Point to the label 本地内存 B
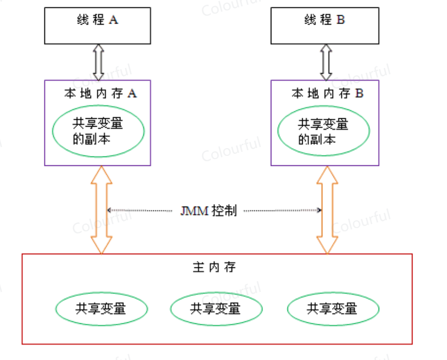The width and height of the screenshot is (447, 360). [x=327, y=94]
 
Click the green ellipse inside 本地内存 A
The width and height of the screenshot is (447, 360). [x=98, y=131]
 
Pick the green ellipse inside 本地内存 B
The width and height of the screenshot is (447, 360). [x=323, y=132]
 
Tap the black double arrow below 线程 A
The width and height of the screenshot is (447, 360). [x=98, y=62]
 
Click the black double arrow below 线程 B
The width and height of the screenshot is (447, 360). [x=326, y=62]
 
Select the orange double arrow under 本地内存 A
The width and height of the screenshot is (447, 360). [x=101, y=209]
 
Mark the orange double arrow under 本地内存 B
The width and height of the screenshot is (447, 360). [x=327, y=209]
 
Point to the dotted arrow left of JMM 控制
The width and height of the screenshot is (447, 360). [x=140, y=210]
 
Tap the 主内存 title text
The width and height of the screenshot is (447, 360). [x=214, y=267]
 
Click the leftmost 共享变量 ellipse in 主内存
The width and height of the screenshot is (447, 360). [x=100, y=308]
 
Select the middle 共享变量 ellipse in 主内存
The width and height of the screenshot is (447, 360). [x=215, y=308]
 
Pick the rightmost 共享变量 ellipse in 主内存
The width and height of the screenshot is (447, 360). [x=333, y=308]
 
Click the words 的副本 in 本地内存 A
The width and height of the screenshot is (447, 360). [x=91, y=139]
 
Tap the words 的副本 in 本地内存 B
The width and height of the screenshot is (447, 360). [x=316, y=140]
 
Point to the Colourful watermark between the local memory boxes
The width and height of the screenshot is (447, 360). [x=231, y=149]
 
